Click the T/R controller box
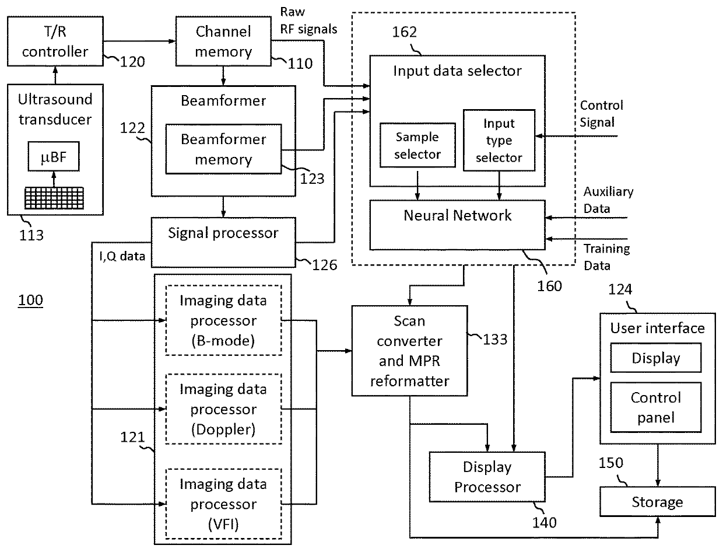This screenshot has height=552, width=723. click(55, 41)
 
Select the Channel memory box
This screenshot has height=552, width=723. click(223, 41)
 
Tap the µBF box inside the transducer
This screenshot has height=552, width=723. click(54, 156)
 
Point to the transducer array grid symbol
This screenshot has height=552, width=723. click(54, 198)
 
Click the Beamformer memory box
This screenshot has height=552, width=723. click(223, 149)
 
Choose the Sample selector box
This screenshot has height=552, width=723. click(417, 145)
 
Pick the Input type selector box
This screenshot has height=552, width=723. click(499, 141)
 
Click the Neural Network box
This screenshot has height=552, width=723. click(457, 225)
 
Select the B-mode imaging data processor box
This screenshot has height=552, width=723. click(223, 320)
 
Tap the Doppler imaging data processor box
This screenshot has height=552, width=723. click(223, 409)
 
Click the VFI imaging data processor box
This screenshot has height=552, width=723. click(223, 504)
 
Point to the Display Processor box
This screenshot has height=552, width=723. click(487, 477)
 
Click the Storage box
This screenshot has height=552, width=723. click(658, 502)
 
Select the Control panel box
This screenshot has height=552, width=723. click(656, 407)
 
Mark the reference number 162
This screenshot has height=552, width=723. click(404, 32)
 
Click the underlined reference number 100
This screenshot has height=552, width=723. click(30, 301)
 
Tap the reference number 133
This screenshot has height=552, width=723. click(495, 340)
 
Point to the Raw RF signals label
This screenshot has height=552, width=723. click(308, 20)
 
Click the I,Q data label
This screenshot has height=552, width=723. click(122, 256)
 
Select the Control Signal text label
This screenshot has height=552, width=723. click(601, 114)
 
